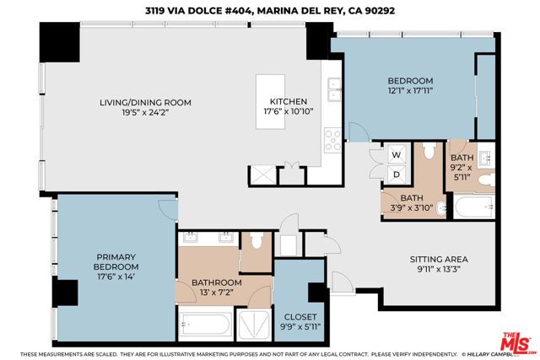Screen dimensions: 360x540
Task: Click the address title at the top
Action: [270, 10]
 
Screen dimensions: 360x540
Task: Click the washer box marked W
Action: [396, 154]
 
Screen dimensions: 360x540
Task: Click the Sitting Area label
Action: [438, 259]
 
